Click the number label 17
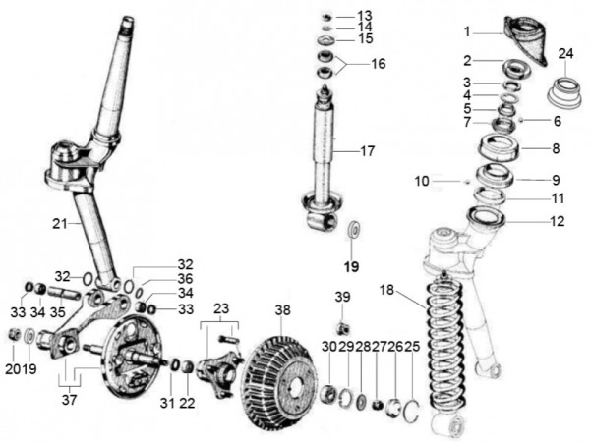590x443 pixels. click(x=367, y=151)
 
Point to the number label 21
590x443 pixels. click(x=62, y=224)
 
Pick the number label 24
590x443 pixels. click(x=565, y=52)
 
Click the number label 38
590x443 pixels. click(x=283, y=309)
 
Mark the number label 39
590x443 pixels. click(x=342, y=298)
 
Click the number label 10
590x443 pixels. click(x=423, y=181)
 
